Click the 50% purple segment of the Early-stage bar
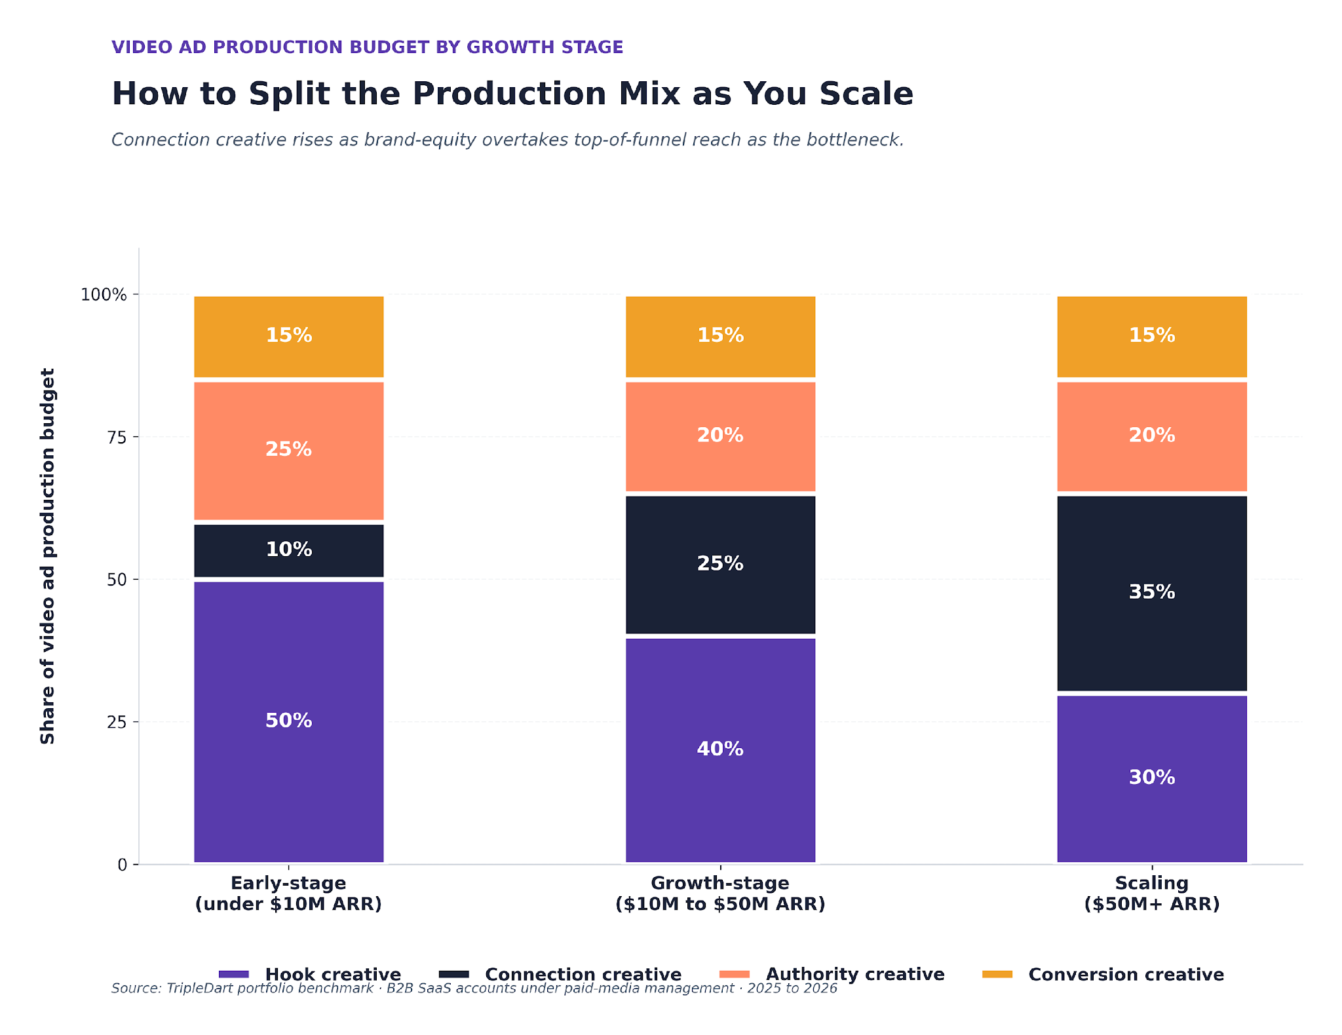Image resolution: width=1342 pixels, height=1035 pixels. [x=288, y=721]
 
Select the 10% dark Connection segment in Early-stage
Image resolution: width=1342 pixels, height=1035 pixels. [x=288, y=550]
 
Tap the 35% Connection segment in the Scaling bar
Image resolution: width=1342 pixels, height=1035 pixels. [x=1151, y=593]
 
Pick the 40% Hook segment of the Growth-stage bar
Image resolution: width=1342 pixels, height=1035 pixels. [x=720, y=749]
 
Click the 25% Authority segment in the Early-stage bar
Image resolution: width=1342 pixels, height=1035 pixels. [x=288, y=450]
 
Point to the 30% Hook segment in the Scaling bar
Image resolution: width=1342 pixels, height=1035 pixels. [x=1151, y=778]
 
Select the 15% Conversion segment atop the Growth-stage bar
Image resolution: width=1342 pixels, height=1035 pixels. [x=720, y=336]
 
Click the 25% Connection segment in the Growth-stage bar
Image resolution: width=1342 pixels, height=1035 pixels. [x=720, y=564]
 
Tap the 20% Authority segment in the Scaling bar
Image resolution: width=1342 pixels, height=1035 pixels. [x=1151, y=436]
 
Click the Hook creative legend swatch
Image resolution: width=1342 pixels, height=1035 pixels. [x=234, y=974]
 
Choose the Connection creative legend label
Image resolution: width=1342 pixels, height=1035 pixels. [x=583, y=974]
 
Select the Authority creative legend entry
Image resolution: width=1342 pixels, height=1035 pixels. [x=854, y=974]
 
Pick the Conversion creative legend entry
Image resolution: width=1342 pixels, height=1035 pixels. [x=1125, y=974]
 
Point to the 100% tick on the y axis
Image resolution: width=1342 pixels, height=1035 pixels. [x=104, y=295]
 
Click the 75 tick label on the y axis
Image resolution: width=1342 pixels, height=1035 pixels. [x=117, y=437]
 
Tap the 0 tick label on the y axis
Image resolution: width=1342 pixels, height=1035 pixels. [x=122, y=865]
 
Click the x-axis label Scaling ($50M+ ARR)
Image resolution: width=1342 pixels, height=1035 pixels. [x=1151, y=894]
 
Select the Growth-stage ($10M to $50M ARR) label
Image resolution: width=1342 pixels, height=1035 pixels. [x=720, y=894]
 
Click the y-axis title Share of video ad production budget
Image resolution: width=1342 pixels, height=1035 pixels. [x=48, y=555]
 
